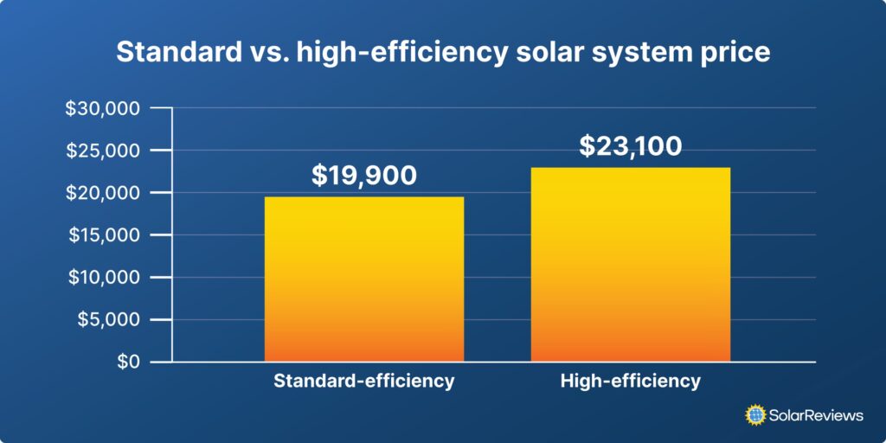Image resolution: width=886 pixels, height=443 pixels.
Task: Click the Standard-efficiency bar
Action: tap(363, 279)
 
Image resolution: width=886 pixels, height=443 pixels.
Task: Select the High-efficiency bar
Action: tap(630, 264)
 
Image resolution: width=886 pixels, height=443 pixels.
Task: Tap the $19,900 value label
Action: tap(363, 176)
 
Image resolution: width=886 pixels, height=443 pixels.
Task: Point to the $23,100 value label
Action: tap(630, 145)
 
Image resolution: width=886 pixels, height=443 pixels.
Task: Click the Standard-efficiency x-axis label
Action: tap(363, 382)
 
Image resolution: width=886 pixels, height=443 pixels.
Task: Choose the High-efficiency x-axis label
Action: tap(630, 382)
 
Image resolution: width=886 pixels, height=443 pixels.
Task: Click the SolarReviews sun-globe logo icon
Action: tap(756, 415)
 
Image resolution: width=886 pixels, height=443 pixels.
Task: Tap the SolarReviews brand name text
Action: tap(817, 415)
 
